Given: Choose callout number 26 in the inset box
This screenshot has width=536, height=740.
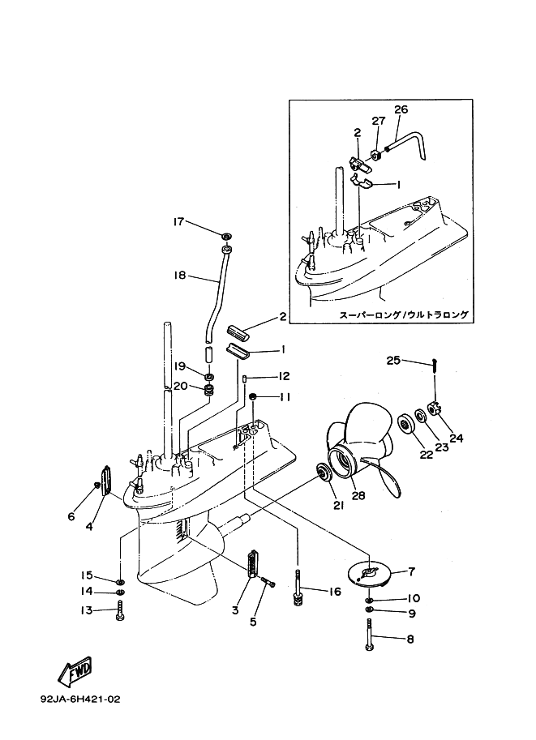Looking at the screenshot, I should pos(401,109).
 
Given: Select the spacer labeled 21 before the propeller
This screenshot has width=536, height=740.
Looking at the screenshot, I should pos(323,473).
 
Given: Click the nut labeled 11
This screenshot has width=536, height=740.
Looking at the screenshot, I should pos(253,396).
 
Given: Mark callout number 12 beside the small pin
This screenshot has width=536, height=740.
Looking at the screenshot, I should pos(284,376).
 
